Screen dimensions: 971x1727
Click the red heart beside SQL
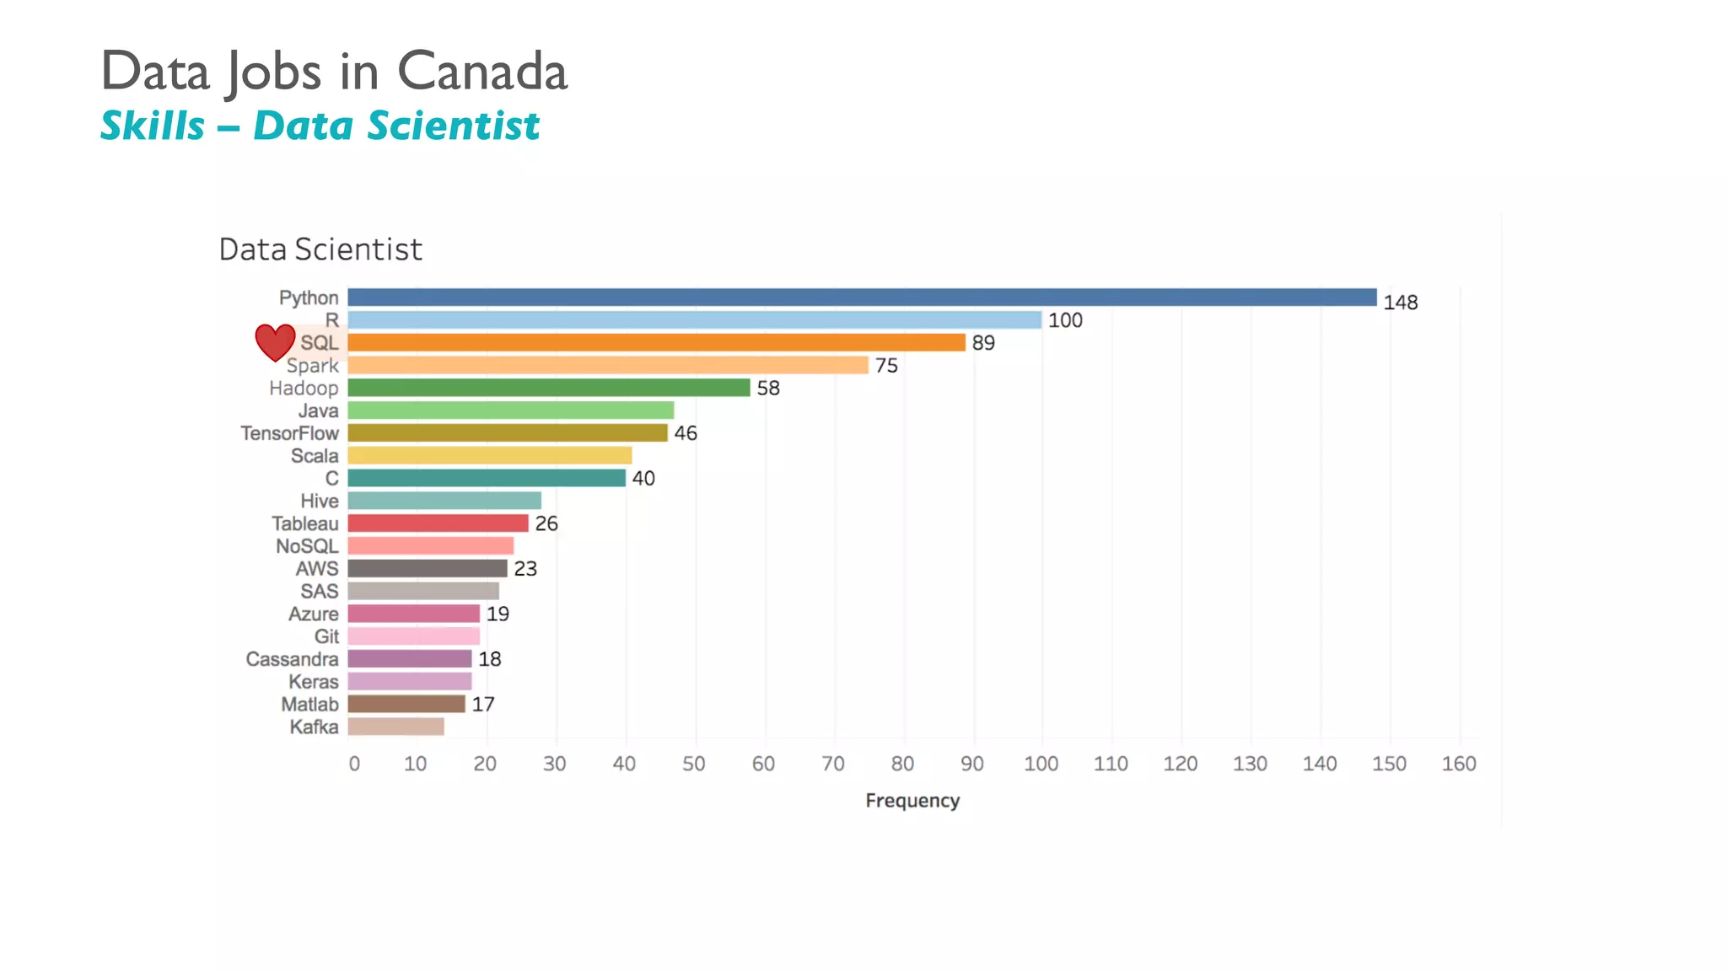coord(275,341)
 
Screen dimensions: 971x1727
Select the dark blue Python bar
coord(860,298)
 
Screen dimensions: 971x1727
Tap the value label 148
coord(1400,303)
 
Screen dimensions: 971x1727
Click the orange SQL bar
coord(656,342)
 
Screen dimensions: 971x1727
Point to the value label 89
coord(982,343)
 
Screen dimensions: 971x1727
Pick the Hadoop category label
coord(304,389)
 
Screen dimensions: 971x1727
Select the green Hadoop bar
coord(548,388)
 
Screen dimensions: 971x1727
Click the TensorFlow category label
coord(289,433)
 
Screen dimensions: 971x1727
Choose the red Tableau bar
coord(438,523)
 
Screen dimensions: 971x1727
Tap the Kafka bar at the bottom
coord(395,727)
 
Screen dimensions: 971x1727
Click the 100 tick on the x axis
coord(1041,764)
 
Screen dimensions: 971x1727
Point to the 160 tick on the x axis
coord(1458,764)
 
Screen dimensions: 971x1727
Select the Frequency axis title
coord(912,801)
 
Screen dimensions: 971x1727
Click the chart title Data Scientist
coord(320,249)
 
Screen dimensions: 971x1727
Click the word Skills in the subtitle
coord(153,126)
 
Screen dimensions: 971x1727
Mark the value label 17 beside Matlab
coord(482,705)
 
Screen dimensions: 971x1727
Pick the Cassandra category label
coord(292,659)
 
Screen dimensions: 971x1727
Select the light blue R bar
coord(694,320)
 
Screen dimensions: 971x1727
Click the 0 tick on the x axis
coord(354,764)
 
